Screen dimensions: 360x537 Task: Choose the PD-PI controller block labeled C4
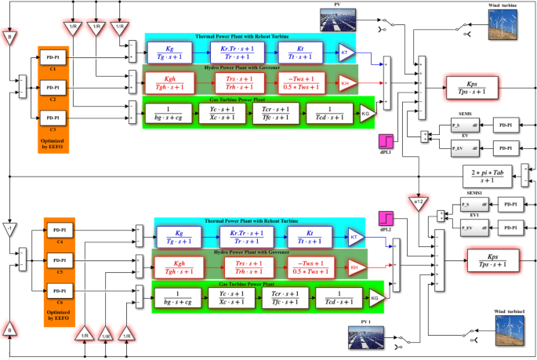[x=59, y=231]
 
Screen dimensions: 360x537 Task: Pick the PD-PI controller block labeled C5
[x=59, y=260]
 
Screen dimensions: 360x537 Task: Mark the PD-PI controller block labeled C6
[x=59, y=289]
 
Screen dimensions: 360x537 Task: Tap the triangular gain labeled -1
[x=9, y=227]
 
